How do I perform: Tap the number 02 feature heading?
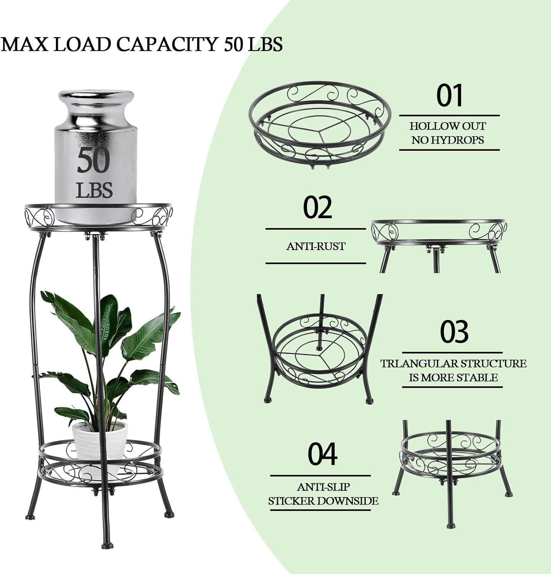(317, 208)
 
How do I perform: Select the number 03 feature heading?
(454, 332)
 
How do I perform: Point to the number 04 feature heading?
(322, 454)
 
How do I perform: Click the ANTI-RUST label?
(316, 246)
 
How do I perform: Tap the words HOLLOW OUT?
(448, 126)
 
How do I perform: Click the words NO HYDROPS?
(448, 140)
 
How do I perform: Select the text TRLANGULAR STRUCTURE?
(453, 364)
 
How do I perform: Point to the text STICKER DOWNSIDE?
(323, 501)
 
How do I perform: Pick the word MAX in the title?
(25, 44)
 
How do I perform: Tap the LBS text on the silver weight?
(94, 190)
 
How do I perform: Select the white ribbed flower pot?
(100, 440)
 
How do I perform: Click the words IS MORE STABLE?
(453, 378)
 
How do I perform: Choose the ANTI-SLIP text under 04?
(323, 487)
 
